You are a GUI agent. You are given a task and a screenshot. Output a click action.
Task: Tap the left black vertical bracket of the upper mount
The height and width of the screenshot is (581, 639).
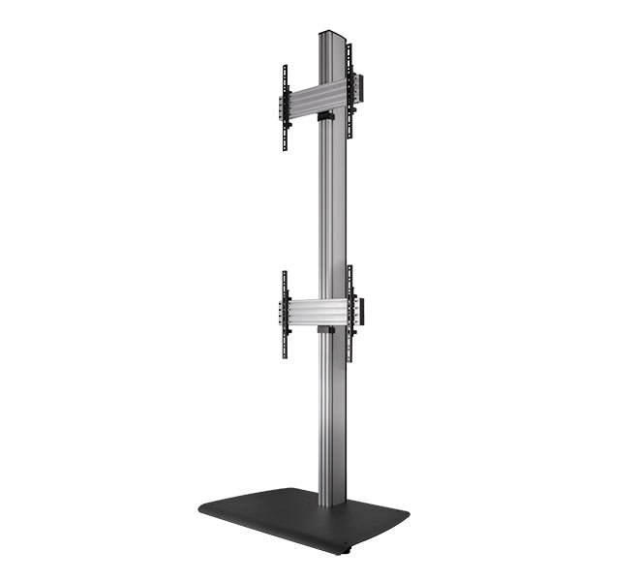[285, 107]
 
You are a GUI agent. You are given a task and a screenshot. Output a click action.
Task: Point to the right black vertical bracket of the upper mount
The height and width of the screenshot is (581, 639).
[350, 92]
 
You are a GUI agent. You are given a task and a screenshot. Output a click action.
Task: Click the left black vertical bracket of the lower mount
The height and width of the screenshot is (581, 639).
[285, 314]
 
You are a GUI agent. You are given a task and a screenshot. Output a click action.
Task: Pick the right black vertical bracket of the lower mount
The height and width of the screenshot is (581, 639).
[350, 313]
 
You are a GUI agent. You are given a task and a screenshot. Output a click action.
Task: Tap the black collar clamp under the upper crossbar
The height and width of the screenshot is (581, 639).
[326, 117]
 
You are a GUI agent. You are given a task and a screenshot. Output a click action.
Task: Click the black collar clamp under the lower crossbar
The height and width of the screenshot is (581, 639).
[326, 331]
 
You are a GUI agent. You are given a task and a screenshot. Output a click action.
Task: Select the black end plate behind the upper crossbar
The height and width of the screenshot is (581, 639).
[360, 88]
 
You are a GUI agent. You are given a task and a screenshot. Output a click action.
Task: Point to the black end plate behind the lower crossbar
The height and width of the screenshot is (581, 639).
[360, 311]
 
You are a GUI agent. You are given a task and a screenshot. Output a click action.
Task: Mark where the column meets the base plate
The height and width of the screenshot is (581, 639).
[331, 502]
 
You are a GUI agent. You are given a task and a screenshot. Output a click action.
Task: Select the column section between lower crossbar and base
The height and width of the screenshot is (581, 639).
[331, 416]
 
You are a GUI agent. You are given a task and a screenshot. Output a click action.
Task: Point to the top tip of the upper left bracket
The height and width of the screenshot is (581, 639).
[285, 67]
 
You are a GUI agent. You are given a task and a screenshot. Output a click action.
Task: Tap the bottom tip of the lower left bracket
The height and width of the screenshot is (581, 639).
[285, 356]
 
